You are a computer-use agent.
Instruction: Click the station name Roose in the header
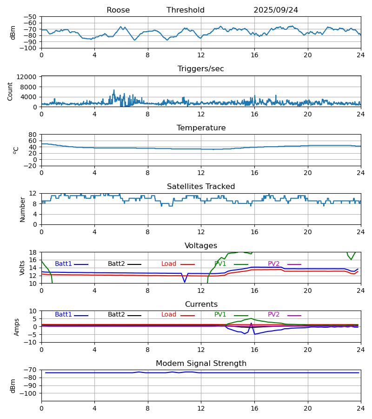(x=118, y=10)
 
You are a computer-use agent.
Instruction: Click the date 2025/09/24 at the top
(x=276, y=10)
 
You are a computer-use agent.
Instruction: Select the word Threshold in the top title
(x=186, y=10)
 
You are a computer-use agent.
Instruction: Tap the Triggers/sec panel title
(x=201, y=69)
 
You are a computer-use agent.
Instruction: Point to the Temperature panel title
(x=201, y=128)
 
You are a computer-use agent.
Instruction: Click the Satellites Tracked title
(x=201, y=187)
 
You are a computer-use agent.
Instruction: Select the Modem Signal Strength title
(x=201, y=364)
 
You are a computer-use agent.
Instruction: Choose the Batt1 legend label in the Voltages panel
(x=63, y=264)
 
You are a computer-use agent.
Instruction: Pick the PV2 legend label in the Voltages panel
(x=274, y=264)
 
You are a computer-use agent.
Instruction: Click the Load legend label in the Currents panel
(x=169, y=315)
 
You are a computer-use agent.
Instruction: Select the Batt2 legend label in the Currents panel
(x=116, y=315)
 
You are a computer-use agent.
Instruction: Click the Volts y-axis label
(x=22, y=268)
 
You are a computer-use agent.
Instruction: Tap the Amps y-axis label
(x=18, y=327)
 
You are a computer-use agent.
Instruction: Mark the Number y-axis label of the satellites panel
(x=22, y=209)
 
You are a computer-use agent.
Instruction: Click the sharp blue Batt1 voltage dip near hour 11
(x=185, y=282)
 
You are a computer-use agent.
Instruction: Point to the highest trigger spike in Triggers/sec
(x=114, y=90)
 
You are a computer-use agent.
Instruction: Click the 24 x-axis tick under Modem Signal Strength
(x=360, y=407)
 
